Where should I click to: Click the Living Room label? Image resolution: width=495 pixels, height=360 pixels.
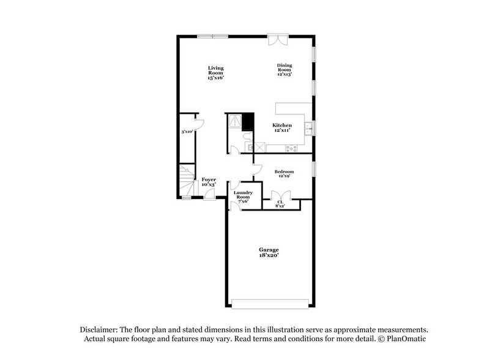pyautogui.click(x=215, y=72)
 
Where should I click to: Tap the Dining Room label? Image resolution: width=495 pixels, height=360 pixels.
pyautogui.click(x=285, y=69)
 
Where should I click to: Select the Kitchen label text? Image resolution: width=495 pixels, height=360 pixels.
pyautogui.click(x=281, y=127)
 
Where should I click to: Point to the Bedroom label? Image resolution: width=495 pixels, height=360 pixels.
pyautogui.click(x=285, y=174)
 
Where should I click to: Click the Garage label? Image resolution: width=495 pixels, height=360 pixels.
pyautogui.click(x=269, y=252)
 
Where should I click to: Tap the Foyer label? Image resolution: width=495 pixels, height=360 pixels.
pyautogui.click(x=209, y=181)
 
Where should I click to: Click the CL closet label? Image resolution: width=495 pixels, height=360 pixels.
pyautogui.click(x=280, y=203)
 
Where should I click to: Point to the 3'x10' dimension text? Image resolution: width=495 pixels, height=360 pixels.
pyautogui.click(x=187, y=132)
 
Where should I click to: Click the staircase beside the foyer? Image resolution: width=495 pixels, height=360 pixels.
pyautogui.click(x=186, y=181)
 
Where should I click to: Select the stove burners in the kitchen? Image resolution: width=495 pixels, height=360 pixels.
pyautogui.click(x=291, y=148)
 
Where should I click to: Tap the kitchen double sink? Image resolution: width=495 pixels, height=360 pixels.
pyautogui.click(x=310, y=128)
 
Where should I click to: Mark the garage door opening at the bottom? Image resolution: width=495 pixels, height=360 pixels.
pyautogui.click(x=270, y=303)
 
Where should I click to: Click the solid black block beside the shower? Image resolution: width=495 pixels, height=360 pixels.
pyautogui.click(x=248, y=121)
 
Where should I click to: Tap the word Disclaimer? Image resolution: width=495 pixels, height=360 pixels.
pyautogui.click(x=98, y=329)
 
